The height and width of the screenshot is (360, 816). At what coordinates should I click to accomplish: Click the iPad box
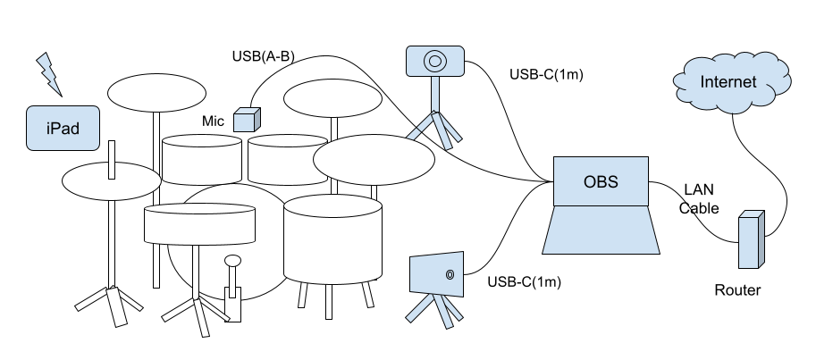coord(63,128)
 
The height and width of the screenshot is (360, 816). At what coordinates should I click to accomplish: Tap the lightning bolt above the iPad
coord(49,74)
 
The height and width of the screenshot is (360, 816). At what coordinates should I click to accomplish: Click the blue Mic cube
coord(247,120)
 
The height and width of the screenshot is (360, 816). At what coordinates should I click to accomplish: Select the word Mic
coord(213,121)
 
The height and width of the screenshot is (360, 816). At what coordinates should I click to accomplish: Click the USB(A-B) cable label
coord(264,56)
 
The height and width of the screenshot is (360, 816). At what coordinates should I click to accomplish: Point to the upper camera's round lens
coord(435,62)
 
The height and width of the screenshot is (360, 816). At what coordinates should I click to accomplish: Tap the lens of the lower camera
coord(450,274)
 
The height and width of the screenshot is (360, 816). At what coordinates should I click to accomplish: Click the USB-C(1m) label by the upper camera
coord(546,74)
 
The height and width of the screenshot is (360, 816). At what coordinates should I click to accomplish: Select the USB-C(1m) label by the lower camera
coord(524,282)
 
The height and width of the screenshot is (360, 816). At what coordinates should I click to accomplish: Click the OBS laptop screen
coord(601,181)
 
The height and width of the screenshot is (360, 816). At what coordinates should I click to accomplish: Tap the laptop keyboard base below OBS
coord(601,230)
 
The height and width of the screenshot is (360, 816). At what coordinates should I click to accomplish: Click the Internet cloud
coord(732,82)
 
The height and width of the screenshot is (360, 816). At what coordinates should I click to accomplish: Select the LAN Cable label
coord(699,198)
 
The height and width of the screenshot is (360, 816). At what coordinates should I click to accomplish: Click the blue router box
coord(752,239)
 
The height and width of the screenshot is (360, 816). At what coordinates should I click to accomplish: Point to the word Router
coord(737,290)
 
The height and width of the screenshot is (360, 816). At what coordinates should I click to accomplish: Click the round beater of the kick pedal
coord(232,260)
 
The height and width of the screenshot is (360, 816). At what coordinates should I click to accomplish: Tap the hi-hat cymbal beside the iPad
coord(112,181)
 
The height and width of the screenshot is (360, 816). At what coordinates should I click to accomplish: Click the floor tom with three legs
coord(333,239)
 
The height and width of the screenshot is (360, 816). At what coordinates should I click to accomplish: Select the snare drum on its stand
coord(200,223)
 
